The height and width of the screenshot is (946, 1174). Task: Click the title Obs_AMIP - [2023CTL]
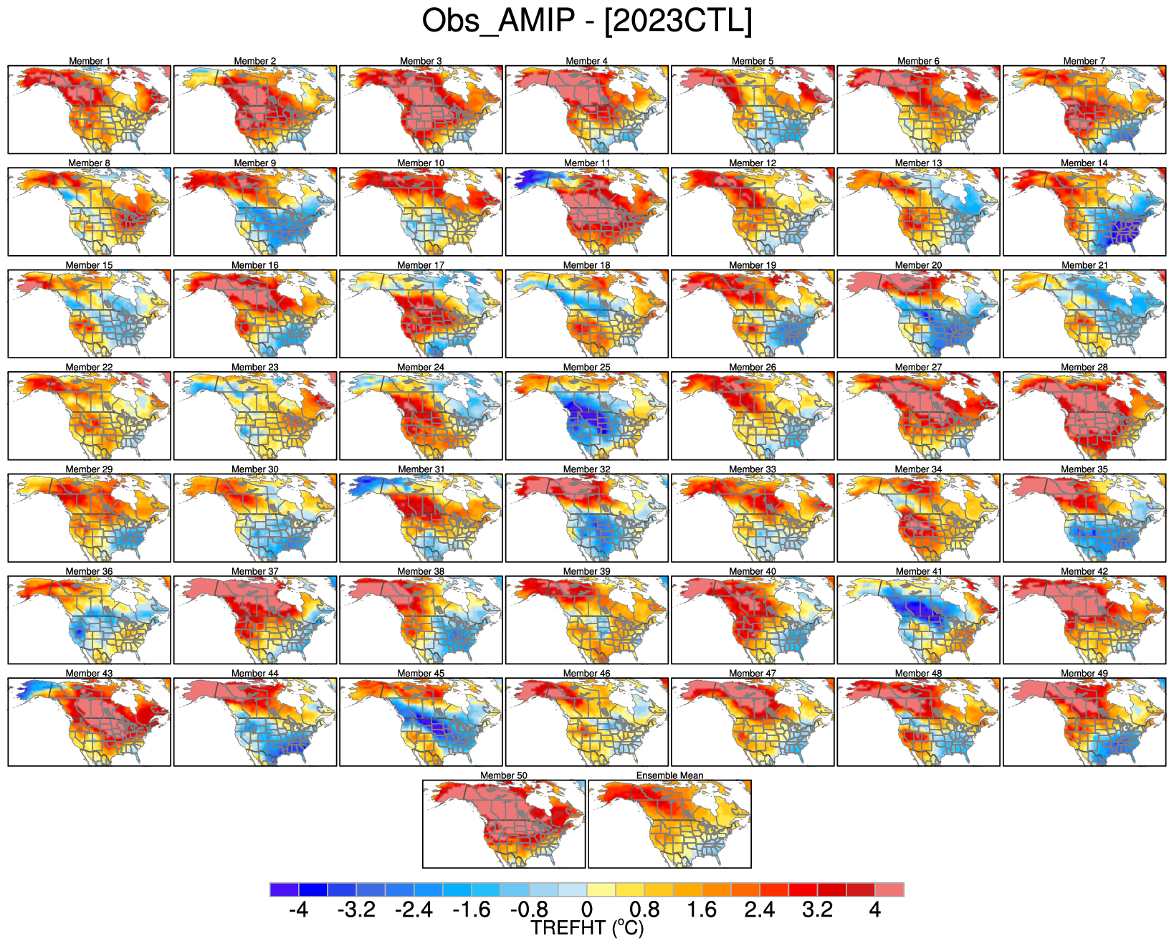587,21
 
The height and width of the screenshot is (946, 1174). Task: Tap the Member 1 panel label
90,61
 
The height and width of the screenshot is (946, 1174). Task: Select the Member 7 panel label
1084,61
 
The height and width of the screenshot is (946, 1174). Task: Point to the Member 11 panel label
587,163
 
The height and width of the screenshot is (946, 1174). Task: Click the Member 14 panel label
1084,163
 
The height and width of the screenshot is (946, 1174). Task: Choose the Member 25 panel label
587,367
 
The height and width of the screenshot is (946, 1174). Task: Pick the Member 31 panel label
421,469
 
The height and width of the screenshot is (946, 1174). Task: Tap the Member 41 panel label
919,571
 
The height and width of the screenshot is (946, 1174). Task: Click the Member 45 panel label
421,674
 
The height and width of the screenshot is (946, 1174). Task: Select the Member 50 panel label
504,775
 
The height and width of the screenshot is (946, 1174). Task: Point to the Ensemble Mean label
669,775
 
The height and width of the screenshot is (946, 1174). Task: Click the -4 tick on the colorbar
299,910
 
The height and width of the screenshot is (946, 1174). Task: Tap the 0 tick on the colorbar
587,910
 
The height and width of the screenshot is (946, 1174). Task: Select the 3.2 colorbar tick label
817,910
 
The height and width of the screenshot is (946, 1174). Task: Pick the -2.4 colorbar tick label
414,910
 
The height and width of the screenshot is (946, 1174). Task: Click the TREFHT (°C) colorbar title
587,929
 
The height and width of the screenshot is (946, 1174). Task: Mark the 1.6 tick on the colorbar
702,910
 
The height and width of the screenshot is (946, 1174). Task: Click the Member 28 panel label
1084,367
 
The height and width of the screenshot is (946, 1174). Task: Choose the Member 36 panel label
90,571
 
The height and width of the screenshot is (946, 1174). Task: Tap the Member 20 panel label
919,265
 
